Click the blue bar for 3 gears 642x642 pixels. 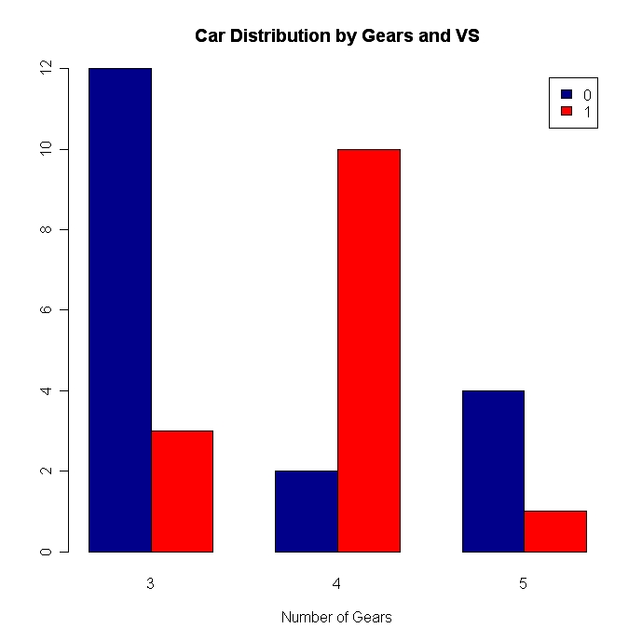click(x=120, y=309)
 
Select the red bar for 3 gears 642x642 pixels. click(x=182, y=491)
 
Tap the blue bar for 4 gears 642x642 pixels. click(x=307, y=511)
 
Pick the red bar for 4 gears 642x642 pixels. click(x=369, y=350)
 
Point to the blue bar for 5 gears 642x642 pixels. click(x=493, y=471)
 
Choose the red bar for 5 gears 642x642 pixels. click(x=555, y=531)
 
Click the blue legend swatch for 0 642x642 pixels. click(x=565, y=94)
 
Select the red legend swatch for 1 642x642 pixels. click(x=565, y=112)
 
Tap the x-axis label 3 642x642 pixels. click(x=150, y=584)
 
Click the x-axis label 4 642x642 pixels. click(x=336, y=584)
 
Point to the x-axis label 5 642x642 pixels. click(x=523, y=584)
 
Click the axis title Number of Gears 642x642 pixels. click(x=336, y=618)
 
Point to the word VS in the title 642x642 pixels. click(x=465, y=36)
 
